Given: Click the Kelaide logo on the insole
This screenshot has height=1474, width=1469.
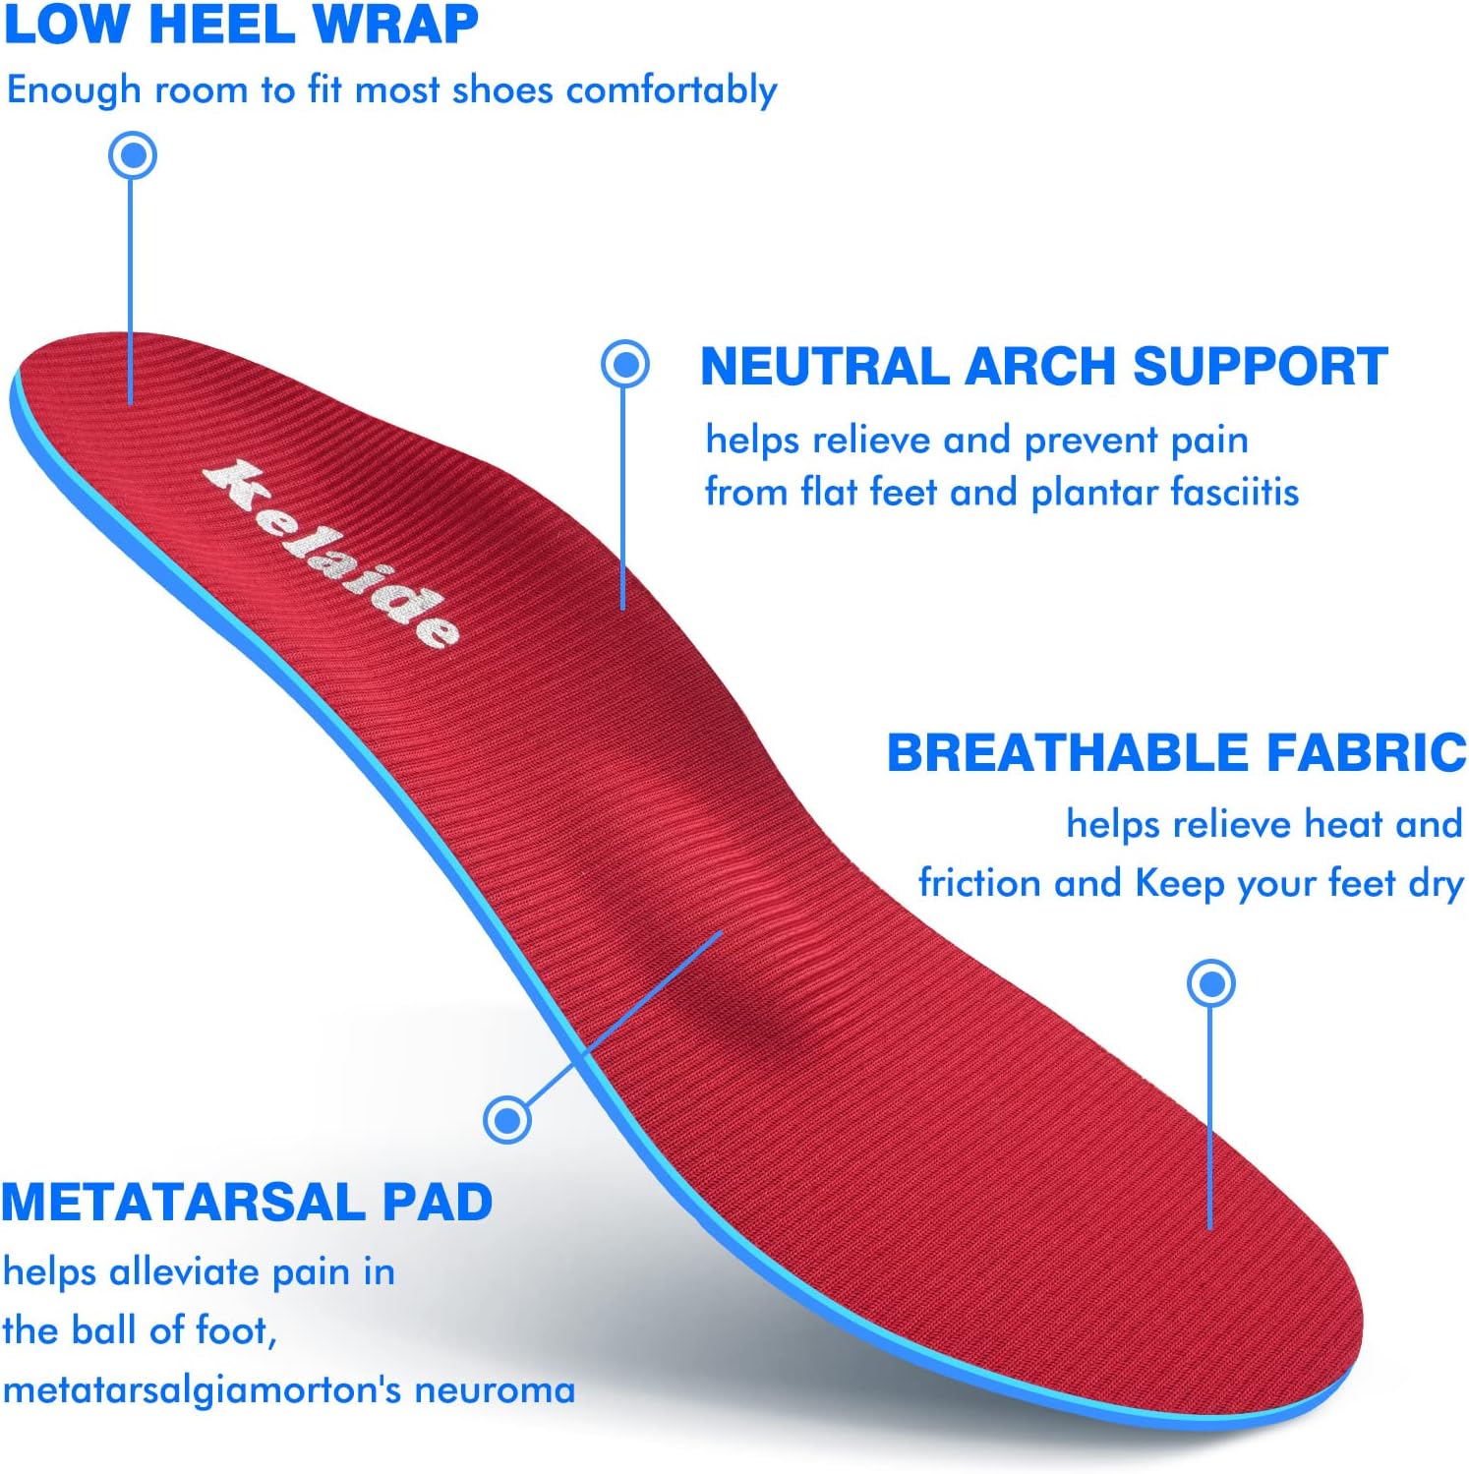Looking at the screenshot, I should click(x=332, y=555).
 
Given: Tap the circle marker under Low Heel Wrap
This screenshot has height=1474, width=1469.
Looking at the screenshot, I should click(x=133, y=155).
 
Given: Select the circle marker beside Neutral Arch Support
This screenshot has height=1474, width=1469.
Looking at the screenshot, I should click(x=624, y=364).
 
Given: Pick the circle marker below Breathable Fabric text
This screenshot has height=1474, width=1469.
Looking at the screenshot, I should click(x=1210, y=983).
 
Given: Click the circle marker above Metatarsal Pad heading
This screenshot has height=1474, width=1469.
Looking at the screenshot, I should click(x=507, y=1119).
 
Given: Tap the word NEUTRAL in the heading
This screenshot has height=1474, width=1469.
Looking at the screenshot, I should click(x=823, y=367).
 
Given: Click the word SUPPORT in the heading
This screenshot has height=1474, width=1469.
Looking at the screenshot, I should click(x=1260, y=367).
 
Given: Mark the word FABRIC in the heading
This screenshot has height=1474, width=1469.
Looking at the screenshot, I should click(x=1366, y=753).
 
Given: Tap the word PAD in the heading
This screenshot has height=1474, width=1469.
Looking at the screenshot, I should click(x=438, y=1202).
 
